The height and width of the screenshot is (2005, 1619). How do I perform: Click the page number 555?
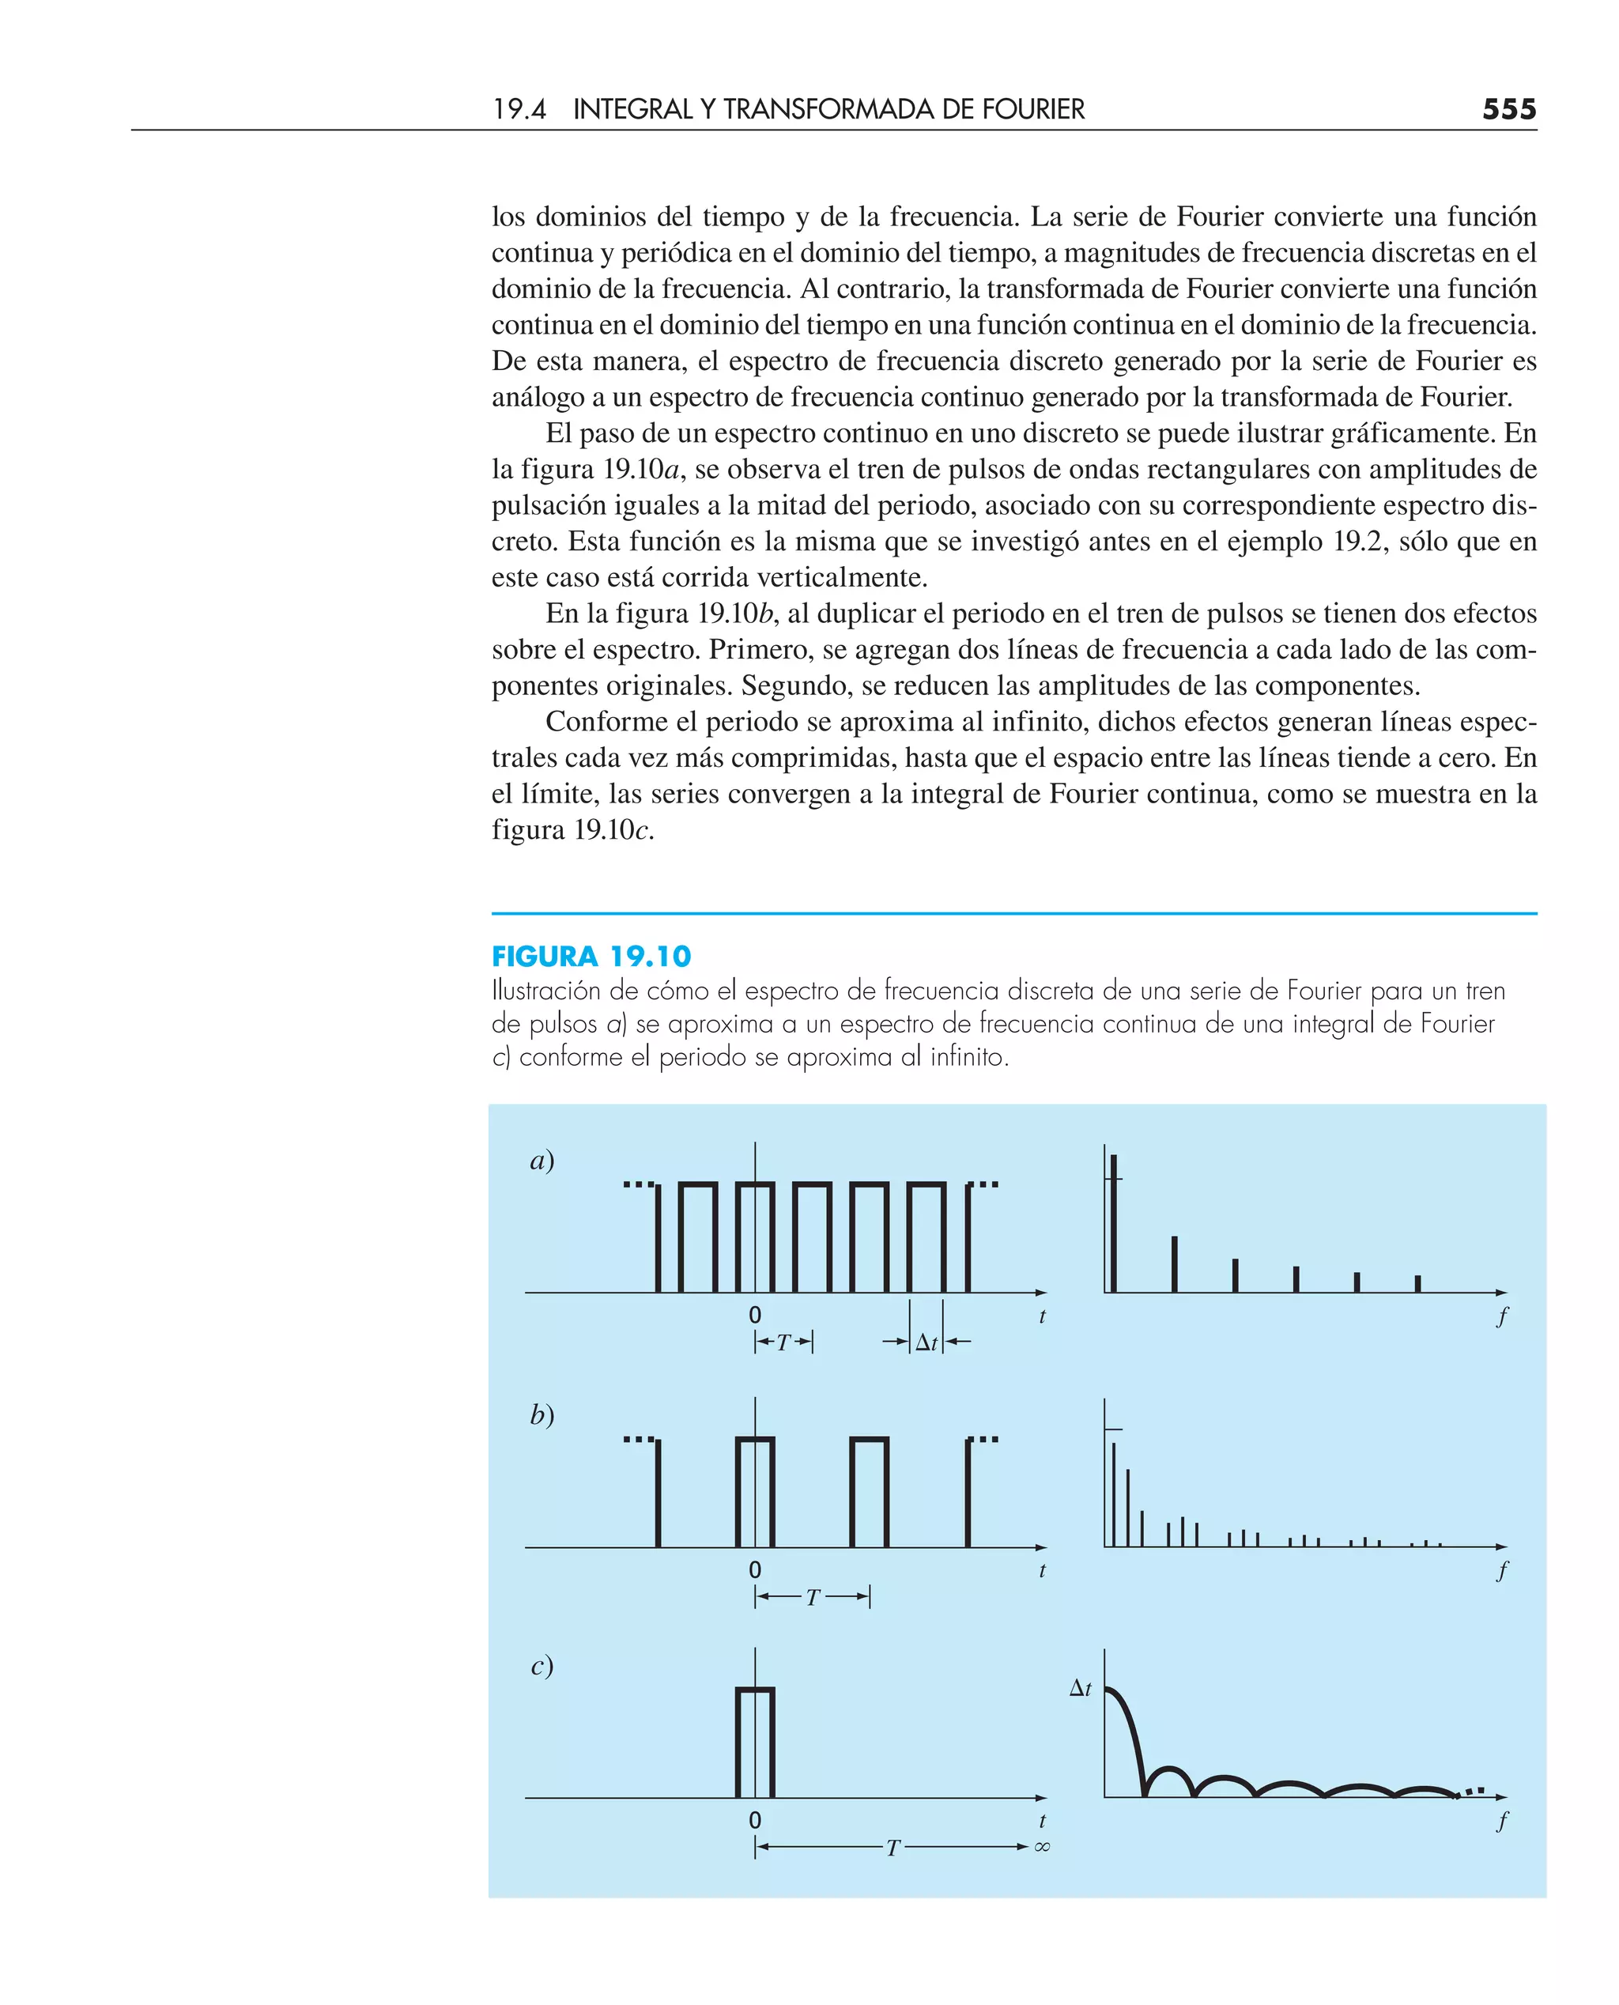1508,109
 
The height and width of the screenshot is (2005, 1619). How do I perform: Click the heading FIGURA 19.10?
591,956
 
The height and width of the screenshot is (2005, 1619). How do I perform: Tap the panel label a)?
542,1161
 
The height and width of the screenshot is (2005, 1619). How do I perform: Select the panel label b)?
542,1416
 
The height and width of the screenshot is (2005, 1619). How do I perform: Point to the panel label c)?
542,1666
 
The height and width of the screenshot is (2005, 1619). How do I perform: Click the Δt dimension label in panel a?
926,1343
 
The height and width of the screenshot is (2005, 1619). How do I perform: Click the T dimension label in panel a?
783,1343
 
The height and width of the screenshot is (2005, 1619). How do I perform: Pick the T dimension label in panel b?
813,1599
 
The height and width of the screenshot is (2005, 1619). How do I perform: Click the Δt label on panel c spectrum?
1080,1688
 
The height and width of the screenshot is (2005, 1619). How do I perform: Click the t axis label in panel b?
1042,1570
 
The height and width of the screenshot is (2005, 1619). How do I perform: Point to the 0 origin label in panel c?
754,1820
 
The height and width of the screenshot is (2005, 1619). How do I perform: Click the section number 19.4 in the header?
519,109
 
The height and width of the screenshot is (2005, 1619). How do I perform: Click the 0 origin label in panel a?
754,1315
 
